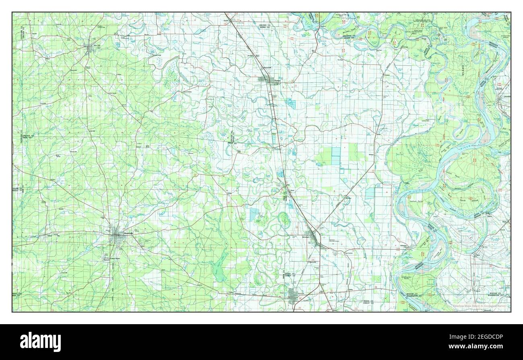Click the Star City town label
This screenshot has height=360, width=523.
point(97,46)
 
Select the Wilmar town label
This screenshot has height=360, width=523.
point(49,236)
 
